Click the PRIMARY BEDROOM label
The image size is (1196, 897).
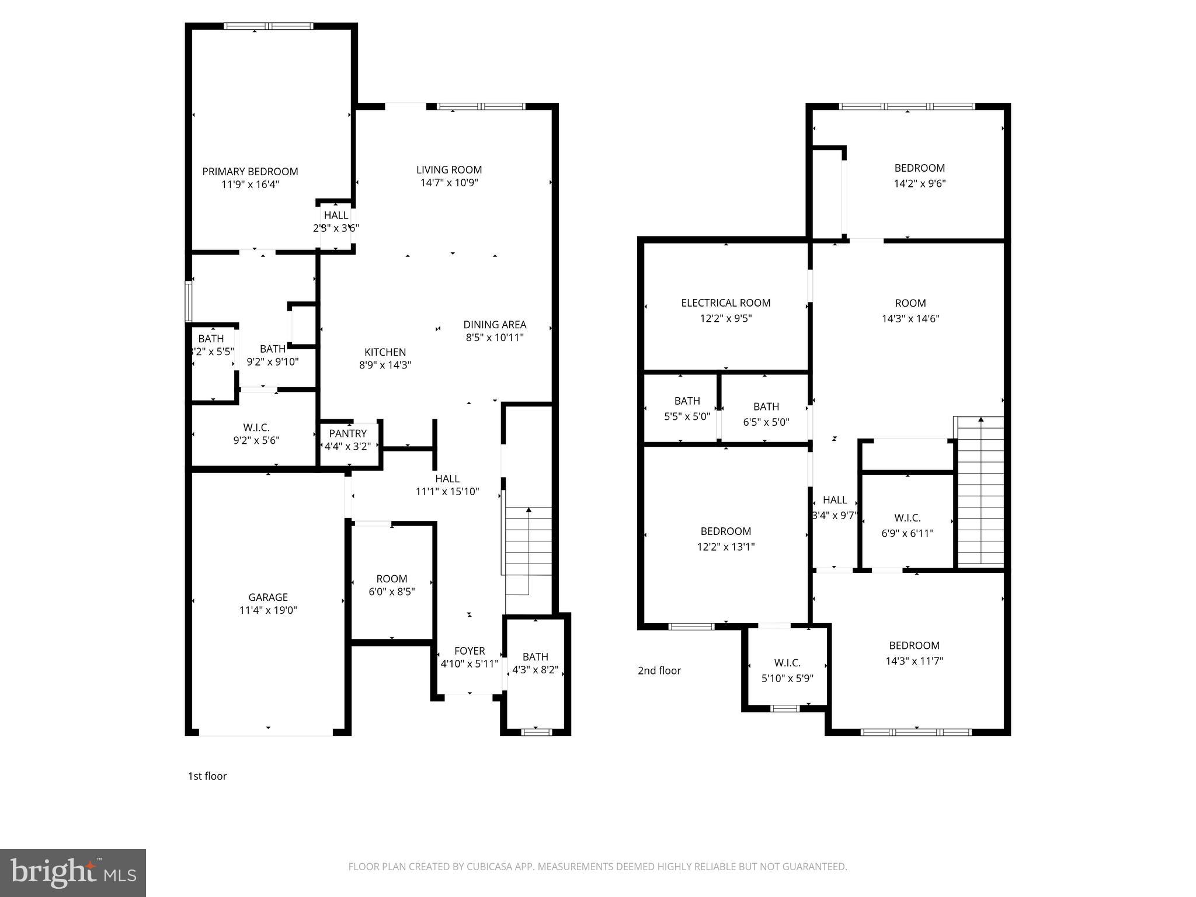[250, 171]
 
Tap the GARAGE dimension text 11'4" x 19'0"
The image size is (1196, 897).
[268, 610]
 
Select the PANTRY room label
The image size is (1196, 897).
[347, 433]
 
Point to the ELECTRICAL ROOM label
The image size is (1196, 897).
[725, 303]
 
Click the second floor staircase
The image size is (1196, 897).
[981, 491]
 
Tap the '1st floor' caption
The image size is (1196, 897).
[207, 776]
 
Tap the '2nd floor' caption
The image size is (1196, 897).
[659, 670]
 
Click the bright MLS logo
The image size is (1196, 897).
[72, 872]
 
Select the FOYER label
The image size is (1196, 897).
[470, 651]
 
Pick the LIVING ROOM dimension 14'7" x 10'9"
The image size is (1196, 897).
[448, 183]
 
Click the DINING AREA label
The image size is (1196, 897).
[495, 324]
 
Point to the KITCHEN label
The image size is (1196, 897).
[385, 352]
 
